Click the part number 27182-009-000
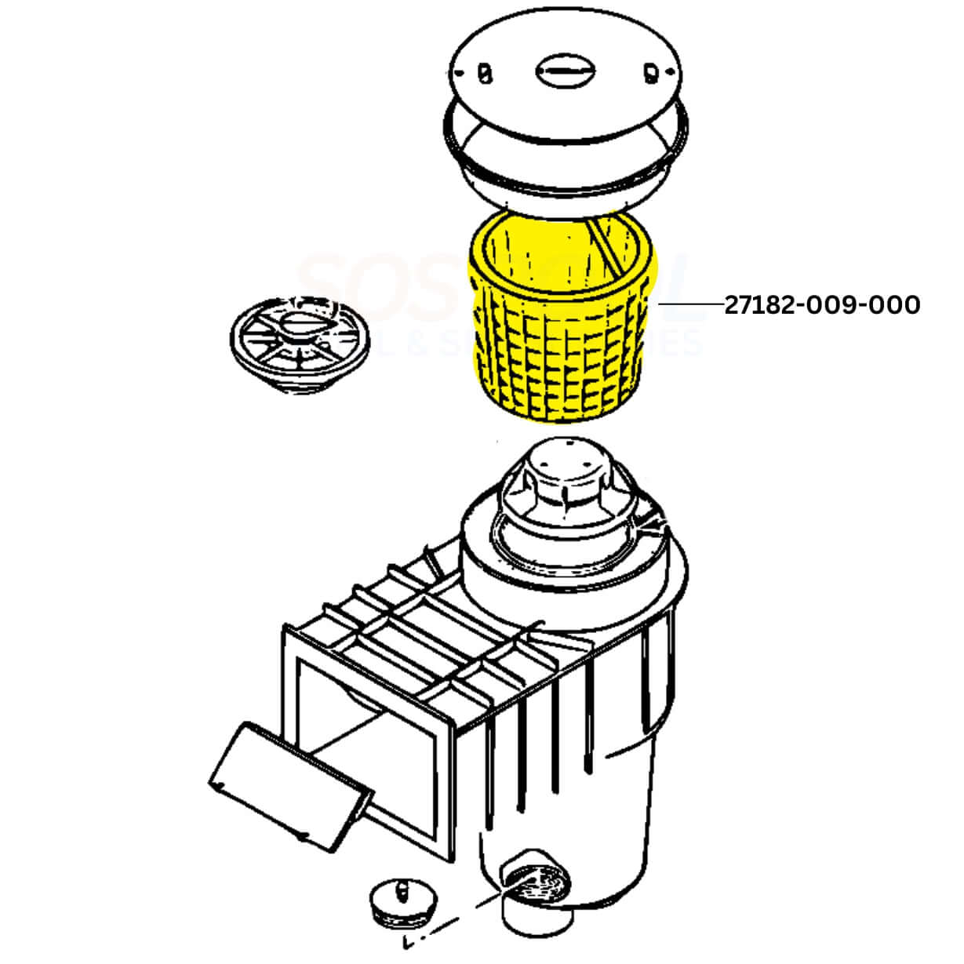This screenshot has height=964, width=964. click(x=821, y=304)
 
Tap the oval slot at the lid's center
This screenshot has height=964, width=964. click(x=563, y=71)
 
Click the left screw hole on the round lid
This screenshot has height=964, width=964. click(x=485, y=75)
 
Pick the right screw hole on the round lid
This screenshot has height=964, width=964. click(x=649, y=73)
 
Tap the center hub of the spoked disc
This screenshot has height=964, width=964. click(x=302, y=322)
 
